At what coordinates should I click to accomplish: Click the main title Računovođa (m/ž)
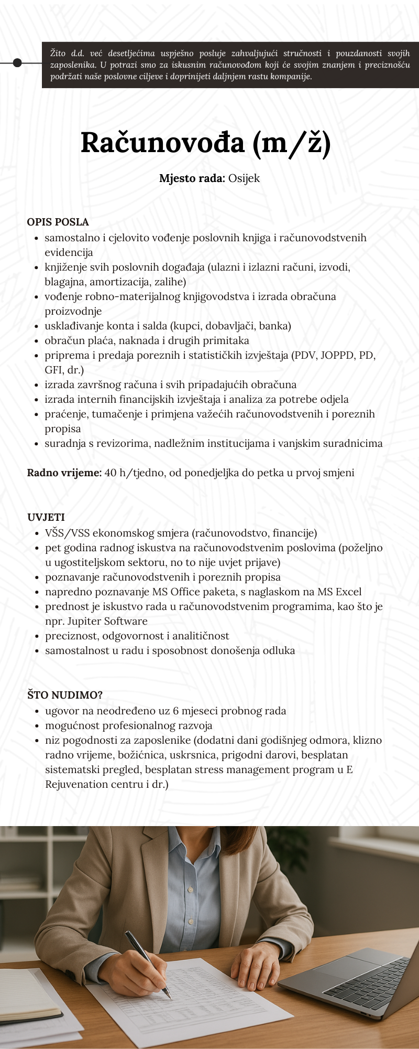[x=205, y=143]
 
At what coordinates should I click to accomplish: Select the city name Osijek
[x=244, y=178]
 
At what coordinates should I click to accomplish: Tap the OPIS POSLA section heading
[x=58, y=222]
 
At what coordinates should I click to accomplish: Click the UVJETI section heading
[x=46, y=517]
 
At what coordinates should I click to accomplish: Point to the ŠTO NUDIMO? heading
[x=65, y=695]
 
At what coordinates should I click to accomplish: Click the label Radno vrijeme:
[x=64, y=473]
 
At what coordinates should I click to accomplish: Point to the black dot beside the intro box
[x=17, y=63]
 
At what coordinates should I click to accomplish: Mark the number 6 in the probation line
[x=176, y=711]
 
